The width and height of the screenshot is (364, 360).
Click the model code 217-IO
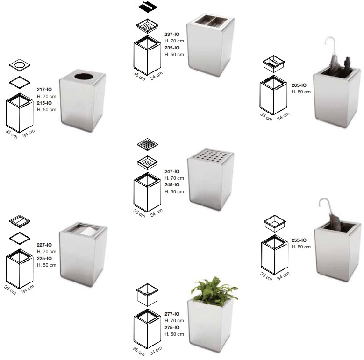click(x=44, y=89)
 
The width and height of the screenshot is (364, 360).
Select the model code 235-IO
click(x=172, y=48)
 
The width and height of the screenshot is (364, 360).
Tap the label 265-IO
click(x=299, y=85)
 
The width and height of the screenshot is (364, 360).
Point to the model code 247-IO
click(x=172, y=171)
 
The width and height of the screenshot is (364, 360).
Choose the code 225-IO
click(x=44, y=258)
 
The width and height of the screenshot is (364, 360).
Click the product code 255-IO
click(x=299, y=240)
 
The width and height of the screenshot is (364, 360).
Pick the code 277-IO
click(x=172, y=314)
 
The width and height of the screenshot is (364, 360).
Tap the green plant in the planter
click(x=214, y=288)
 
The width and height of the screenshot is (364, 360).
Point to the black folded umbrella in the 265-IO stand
click(x=347, y=63)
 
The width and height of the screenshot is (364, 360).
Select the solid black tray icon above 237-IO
click(x=147, y=7)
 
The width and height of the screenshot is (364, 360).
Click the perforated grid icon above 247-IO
click(x=147, y=144)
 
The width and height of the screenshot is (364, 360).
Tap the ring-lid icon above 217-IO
click(x=20, y=65)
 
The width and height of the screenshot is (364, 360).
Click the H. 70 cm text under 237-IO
click(x=174, y=41)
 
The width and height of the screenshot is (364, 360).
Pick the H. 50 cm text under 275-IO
click(x=174, y=334)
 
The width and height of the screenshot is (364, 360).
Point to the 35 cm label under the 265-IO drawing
click(x=266, y=117)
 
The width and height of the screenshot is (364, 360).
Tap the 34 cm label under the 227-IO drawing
click(x=28, y=289)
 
